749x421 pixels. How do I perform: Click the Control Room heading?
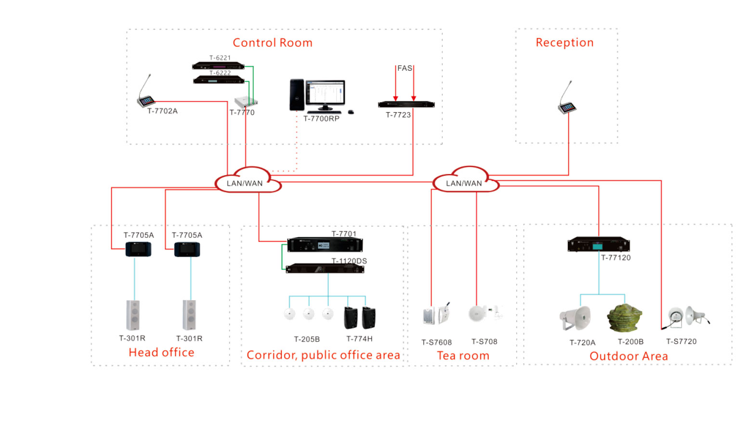coord(273,43)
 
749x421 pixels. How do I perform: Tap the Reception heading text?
coord(565,42)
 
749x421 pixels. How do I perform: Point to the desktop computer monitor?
coord(326,92)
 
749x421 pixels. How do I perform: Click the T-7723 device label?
coord(398,115)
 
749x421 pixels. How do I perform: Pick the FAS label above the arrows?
coord(405,68)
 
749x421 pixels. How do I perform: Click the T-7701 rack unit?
coord(325,245)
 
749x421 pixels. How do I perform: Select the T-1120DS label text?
coord(349,261)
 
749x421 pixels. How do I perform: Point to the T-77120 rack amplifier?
coord(599,245)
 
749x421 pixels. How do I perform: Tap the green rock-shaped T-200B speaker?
coord(625,318)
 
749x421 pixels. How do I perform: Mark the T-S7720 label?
coord(681,342)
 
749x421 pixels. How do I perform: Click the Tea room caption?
coord(463,356)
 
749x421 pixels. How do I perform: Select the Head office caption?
coord(161,353)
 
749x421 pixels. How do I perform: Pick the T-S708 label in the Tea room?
coord(484,342)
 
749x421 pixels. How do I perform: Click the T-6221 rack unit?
coord(218,65)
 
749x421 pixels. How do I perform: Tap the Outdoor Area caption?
coord(629,357)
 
